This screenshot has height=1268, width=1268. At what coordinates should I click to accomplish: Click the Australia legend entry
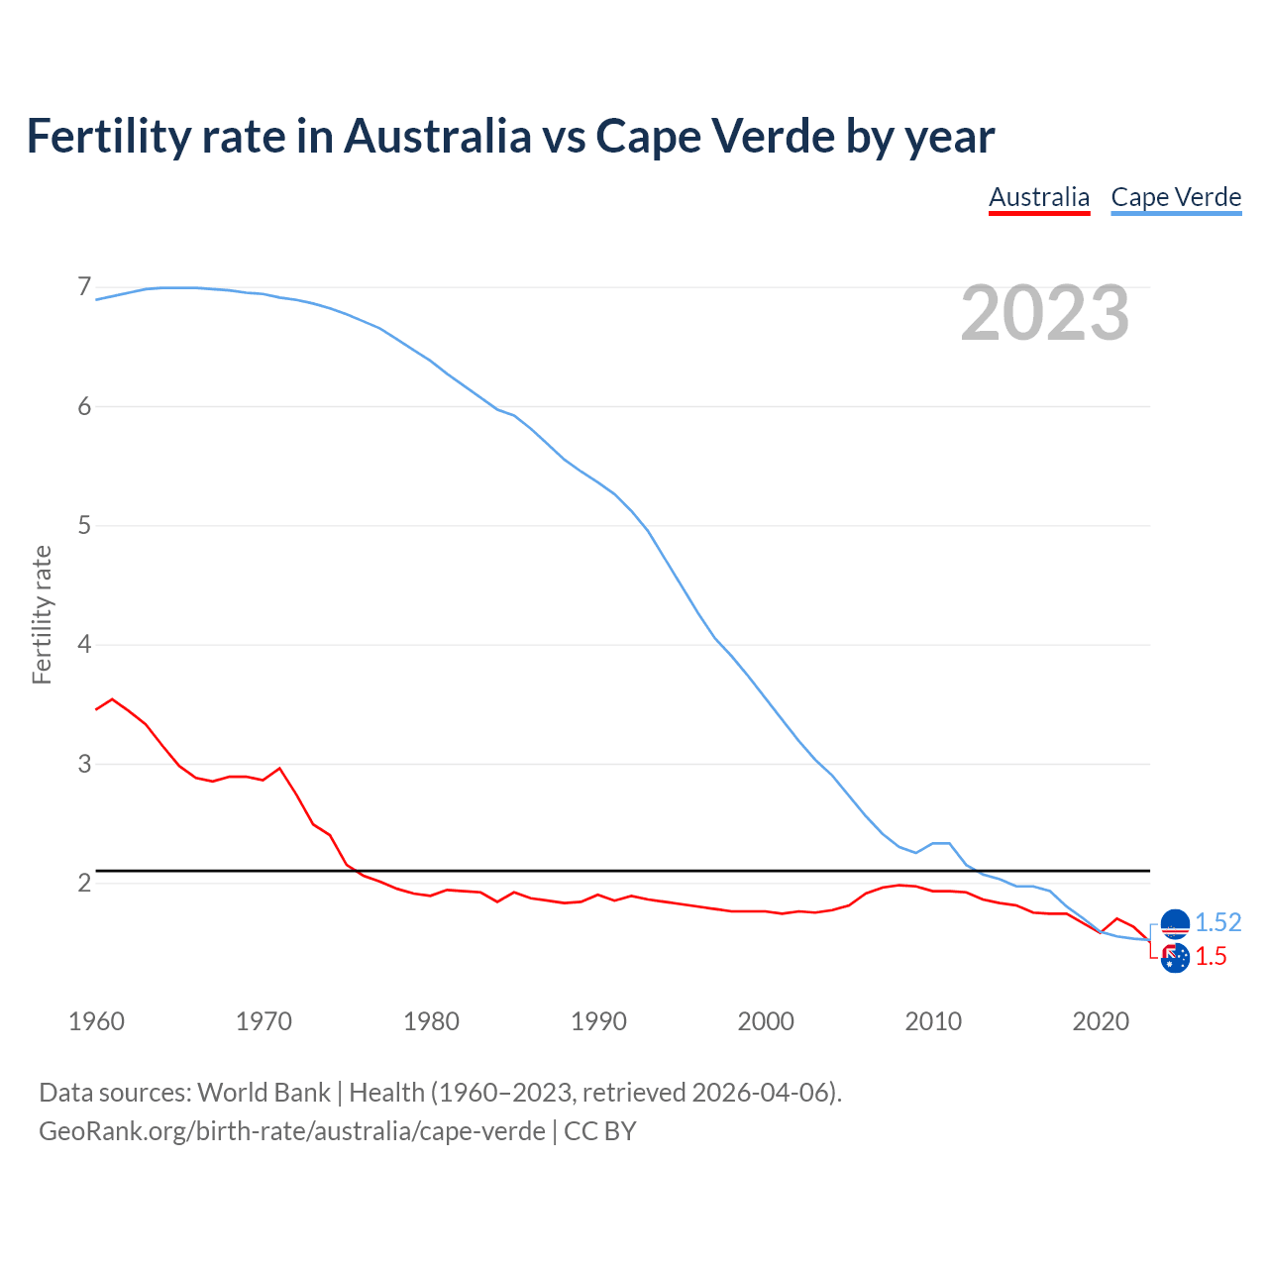[1039, 197]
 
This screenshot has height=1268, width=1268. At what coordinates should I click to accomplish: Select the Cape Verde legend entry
[1176, 197]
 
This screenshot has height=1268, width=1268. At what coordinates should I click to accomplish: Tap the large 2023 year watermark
[1044, 313]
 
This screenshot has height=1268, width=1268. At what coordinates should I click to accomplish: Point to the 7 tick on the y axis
[84, 287]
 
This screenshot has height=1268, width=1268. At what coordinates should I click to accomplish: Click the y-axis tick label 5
[84, 525]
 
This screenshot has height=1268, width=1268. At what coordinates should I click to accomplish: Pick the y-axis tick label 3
[84, 764]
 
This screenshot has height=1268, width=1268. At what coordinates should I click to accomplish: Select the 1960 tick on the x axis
[96, 1021]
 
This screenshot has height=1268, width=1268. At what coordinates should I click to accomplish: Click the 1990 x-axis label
[598, 1021]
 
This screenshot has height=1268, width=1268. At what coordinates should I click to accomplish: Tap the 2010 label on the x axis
[933, 1021]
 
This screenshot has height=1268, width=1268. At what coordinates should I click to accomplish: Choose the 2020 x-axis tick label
[1101, 1021]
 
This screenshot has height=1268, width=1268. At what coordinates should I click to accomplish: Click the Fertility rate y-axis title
[42, 614]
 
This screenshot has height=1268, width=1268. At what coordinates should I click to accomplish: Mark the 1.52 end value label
[1217, 922]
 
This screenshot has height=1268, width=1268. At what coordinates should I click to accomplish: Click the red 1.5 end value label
[1211, 956]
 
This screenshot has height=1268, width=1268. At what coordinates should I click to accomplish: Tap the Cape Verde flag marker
[1175, 923]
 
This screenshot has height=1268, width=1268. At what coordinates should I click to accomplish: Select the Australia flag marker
[1175, 958]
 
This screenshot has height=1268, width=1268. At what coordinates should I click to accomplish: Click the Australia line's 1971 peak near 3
[279, 768]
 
